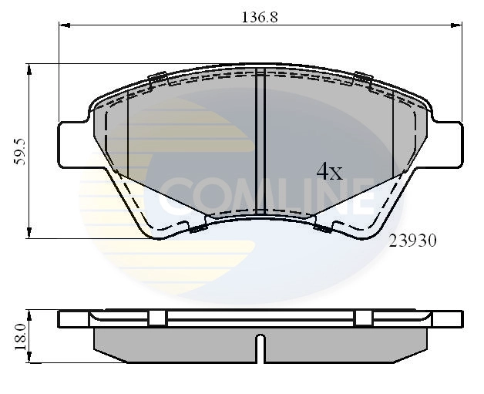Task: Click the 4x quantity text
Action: [x=329, y=172]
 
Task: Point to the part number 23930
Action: [x=412, y=240]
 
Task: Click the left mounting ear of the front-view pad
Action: [x=73, y=144]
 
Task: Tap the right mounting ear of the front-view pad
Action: [x=449, y=144]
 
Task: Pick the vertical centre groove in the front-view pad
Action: [x=260, y=139]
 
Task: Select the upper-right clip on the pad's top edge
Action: [x=361, y=76]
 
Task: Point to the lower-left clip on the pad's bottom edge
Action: [x=197, y=227]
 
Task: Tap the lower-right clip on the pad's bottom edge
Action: [x=323, y=227]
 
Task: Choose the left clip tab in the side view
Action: [x=158, y=318]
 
